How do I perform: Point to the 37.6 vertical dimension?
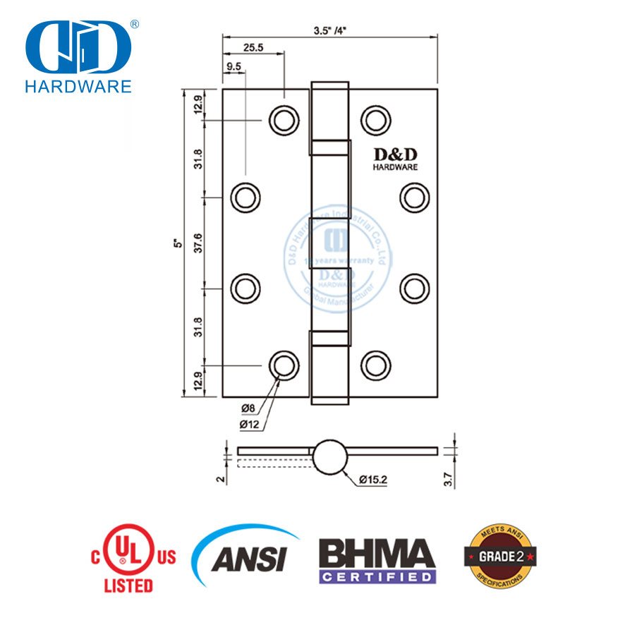[198, 243]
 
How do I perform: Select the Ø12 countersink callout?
[250, 424]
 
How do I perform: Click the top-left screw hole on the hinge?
[283, 120]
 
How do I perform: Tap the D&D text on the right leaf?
[395, 154]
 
